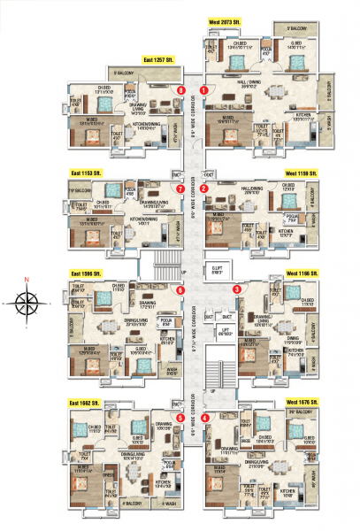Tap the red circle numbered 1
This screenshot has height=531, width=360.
point(204,89)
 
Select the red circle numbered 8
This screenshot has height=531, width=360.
point(181,89)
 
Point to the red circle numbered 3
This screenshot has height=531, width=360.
point(236,289)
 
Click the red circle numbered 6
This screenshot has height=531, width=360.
point(180,289)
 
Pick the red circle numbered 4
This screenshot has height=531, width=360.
point(205,418)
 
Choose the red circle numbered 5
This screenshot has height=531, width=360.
point(180,418)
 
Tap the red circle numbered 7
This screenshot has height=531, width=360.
point(180,189)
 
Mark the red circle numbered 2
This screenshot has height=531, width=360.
point(204,189)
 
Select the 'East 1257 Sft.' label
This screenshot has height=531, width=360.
point(157,59)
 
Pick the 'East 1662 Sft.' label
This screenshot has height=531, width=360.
point(88,402)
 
